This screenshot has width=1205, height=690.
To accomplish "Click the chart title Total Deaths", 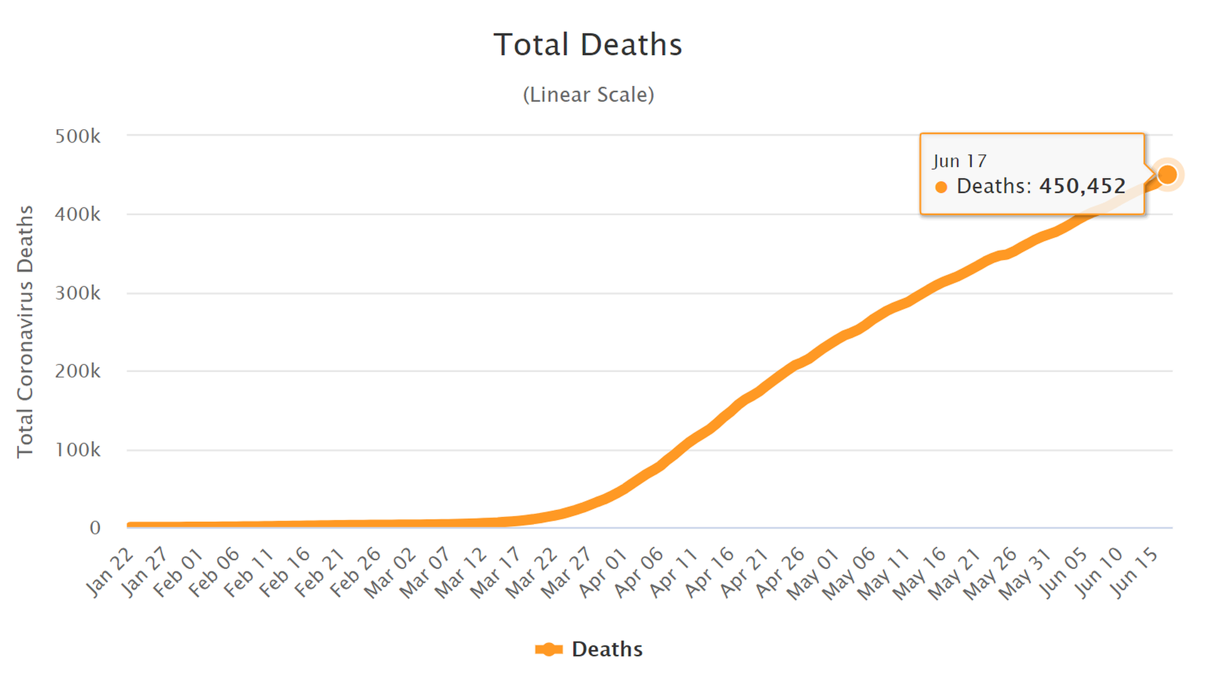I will coord(587,45).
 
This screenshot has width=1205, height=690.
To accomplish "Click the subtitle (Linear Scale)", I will coord(588,95).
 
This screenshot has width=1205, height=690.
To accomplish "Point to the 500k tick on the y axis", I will coord(78,136).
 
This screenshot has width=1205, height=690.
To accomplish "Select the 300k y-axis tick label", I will coord(78,293).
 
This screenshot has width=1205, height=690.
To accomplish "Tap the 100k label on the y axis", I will coord(78,450).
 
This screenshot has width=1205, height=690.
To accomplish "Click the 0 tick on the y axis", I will coord(95,528).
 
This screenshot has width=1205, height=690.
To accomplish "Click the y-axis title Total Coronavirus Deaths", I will coord(25,331).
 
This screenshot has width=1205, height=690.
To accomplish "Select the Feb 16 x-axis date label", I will coord(286,571).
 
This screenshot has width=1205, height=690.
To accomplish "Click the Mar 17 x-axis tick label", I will coord(496,571).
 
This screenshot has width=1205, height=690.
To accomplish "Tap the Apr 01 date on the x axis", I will coord(603,571).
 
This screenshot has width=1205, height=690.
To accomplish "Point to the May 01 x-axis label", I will coord(813,571).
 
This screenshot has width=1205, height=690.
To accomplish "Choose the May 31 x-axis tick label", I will coord(1024,571).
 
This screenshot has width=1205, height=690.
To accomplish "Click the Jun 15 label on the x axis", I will coord(1134,571).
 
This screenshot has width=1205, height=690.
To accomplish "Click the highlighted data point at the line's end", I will coord(1167,174).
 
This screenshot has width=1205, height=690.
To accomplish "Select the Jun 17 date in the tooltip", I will coord(960,161).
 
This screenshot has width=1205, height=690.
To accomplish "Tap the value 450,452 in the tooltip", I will coord(1083,186).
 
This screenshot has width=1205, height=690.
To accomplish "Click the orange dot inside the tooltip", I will coord(941,187).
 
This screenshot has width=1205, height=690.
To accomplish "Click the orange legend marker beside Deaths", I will coord(549,649).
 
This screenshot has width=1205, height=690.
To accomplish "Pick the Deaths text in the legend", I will coord(607,649).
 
